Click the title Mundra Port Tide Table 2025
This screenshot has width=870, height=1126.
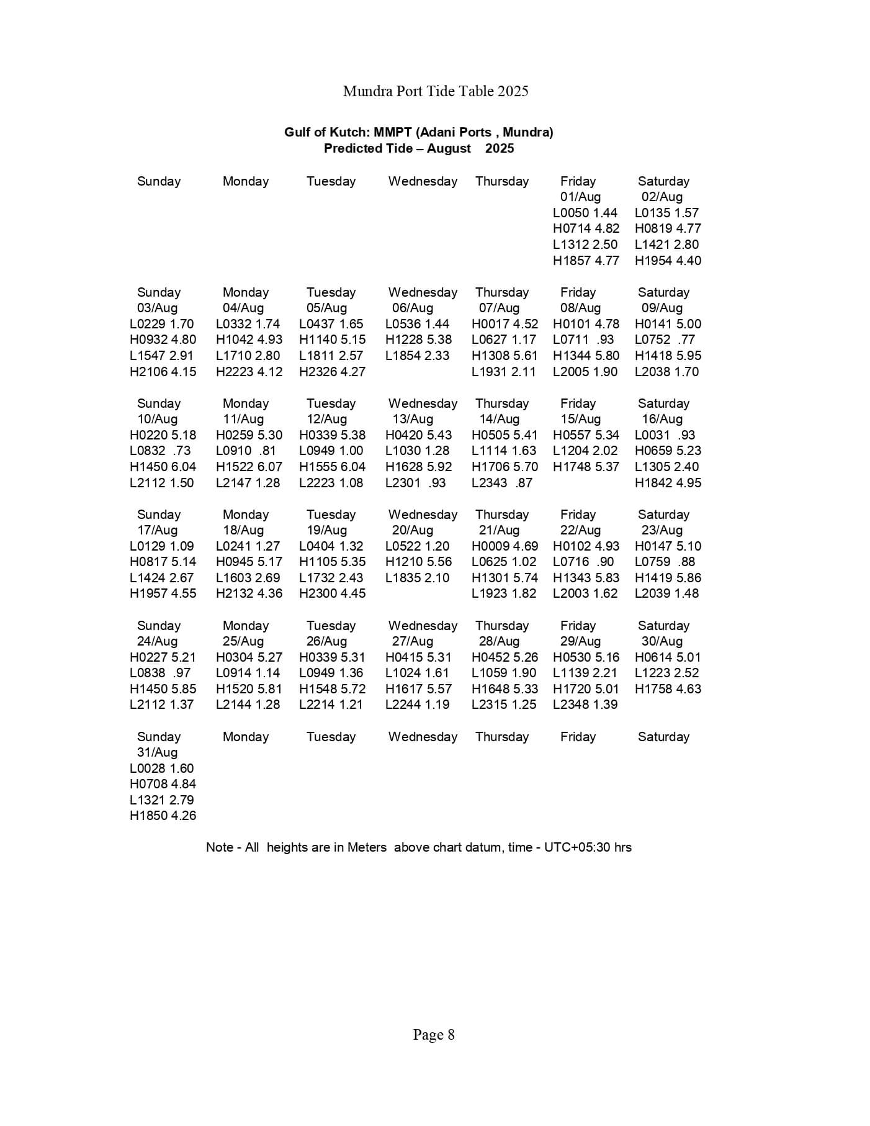tap(435, 91)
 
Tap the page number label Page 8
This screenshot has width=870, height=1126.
tap(434, 1035)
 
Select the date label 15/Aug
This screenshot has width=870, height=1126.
tap(580, 419)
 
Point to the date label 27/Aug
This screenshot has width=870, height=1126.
tap(412, 641)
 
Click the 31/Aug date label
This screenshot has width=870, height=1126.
tap(157, 752)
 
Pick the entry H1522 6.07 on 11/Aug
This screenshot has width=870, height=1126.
tap(249, 467)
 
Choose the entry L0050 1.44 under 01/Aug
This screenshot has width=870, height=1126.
tap(585, 212)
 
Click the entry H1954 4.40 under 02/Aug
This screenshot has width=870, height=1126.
tap(668, 261)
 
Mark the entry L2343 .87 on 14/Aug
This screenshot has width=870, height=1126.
tap(501, 483)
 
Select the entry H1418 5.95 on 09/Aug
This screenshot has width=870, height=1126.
tap(668, 356)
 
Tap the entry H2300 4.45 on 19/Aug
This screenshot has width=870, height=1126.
tap(332, 593)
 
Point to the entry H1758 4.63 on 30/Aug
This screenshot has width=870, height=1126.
tap(668, 689)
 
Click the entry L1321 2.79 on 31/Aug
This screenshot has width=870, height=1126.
tap(161, 800)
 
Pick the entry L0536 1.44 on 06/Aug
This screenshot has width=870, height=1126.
tap(417, 324)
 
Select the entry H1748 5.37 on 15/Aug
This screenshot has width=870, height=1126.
tap(586, 467)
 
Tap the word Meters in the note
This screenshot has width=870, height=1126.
tap(366, 847)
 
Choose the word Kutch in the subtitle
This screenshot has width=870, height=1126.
tap(347, 132)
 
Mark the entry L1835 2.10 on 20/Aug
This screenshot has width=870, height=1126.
tap(417, 578)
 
